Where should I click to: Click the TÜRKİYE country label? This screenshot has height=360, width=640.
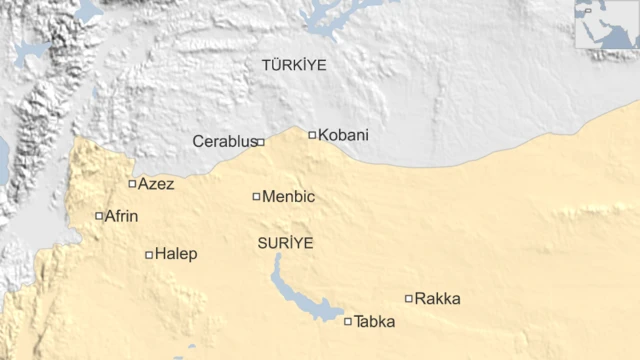click(x=294, y=65)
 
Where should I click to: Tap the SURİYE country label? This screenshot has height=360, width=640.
click(x=286, y=243)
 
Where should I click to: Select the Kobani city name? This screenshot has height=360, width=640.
click(x=343, y=135)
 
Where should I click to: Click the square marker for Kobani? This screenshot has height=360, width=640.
click(x=312, y=135)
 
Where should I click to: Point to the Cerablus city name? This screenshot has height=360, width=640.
click(x=224, y=142)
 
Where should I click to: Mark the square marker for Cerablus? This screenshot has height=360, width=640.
click(x=261, y=142)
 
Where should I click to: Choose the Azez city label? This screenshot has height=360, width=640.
click(x=156, y=184)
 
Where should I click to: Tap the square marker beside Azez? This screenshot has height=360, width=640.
click(x=132, y=184)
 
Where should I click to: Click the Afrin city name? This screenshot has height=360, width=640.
click(x=122, y=216)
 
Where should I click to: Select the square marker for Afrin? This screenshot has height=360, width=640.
click(x=98, y=216)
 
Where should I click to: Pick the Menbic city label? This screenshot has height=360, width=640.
click(x=288, y=197)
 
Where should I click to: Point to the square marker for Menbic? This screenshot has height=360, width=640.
click(x=256, y=197)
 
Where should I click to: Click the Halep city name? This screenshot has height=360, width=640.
click(x=177, y=255)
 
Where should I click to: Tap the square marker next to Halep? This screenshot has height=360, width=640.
click(x=149, y=255)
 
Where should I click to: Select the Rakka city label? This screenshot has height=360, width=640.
click(x=438, y=298)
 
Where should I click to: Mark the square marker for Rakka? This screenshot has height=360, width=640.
click(x=408, y=298)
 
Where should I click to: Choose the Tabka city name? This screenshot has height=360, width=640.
click(x=375, y=322)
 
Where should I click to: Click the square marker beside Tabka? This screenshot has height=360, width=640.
click(x=348, y=322)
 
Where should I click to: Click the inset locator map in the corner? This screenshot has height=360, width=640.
click(x=606, y=24)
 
